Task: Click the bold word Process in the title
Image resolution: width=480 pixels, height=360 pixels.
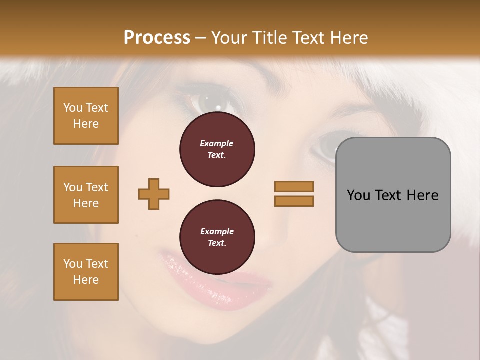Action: pos(157,38)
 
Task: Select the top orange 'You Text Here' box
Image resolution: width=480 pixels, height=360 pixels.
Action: pos(86,116)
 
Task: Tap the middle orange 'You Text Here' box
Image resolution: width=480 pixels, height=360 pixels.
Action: pos(86,195)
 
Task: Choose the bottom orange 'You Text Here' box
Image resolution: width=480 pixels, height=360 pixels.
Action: pos(86,272)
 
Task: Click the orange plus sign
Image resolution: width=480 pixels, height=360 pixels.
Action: pos(154,194)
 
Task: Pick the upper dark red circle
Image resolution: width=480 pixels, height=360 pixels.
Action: pos(217,149)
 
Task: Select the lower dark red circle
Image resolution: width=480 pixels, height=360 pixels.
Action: pos(217,237)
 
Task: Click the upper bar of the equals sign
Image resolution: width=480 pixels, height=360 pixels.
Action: pos(294,186)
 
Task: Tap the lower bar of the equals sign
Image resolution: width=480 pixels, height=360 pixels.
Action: pos(294,201)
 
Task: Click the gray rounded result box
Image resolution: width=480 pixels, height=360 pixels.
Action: pos(393,195)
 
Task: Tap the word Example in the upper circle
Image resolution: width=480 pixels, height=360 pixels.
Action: pos(217,143)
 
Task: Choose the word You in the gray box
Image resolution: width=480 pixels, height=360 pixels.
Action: pos(358,195)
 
